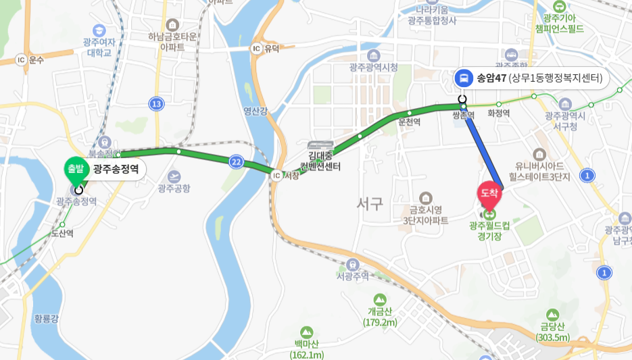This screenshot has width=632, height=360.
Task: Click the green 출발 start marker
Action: [76, 168]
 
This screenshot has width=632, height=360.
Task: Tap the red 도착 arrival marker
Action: [489, 193]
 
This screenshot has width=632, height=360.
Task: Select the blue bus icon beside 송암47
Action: [464, 78]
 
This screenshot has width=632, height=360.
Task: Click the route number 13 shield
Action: [157, 103]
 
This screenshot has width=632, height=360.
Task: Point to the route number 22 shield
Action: [236, 161]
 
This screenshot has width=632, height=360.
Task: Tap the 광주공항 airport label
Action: [174, 188]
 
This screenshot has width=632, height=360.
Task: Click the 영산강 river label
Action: [256, 111]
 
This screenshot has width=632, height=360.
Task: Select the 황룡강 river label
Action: [46, 317]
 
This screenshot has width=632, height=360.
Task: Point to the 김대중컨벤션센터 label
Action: [320, 161]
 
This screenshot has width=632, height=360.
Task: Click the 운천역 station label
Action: [410, 122]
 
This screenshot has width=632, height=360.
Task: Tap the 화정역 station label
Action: [499, 114]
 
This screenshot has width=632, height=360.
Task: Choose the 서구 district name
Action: [370, 203]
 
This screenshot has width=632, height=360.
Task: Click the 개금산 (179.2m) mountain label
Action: [380, 317]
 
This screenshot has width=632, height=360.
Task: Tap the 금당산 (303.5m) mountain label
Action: [553, 332]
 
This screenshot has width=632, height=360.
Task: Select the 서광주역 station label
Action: [353, 276]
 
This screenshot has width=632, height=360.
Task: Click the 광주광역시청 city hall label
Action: [374, 67]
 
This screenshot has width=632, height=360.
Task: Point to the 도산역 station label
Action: [62, 233]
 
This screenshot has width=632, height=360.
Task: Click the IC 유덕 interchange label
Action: [265, 49]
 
